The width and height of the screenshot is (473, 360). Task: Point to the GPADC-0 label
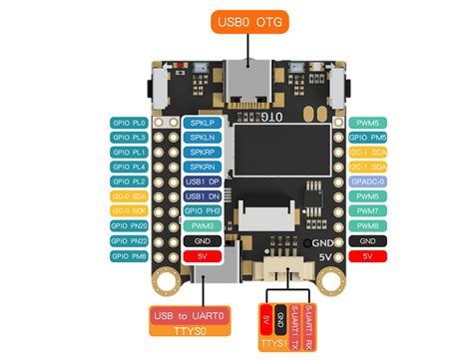(368, 181)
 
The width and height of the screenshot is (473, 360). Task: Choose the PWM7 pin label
(368, 211)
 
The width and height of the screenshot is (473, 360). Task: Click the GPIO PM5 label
(368, 137)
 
